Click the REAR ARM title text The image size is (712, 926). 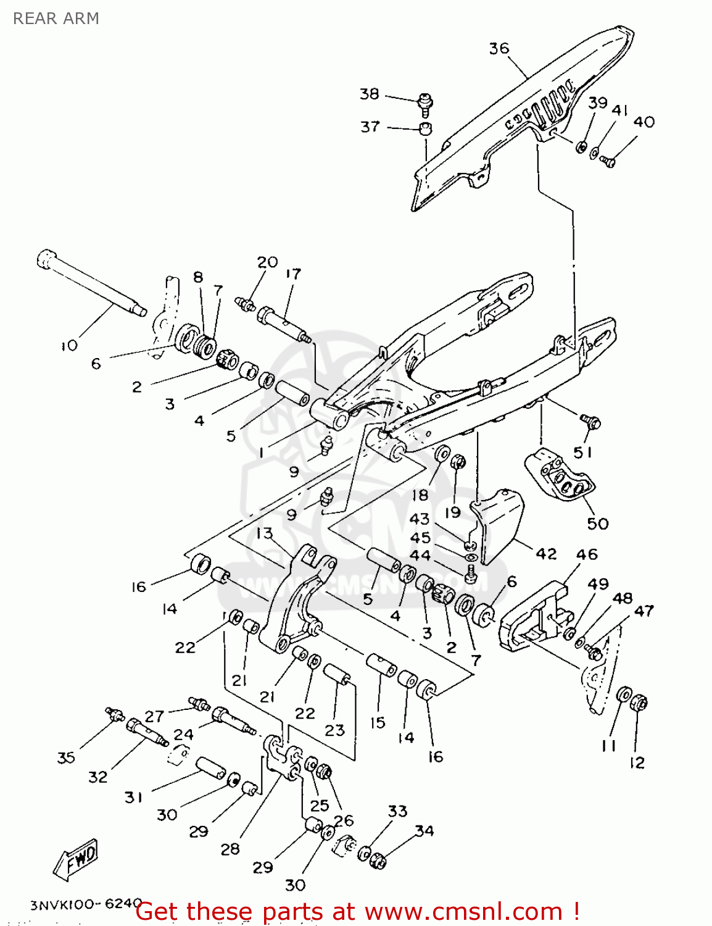56,19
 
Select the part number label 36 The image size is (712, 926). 499,48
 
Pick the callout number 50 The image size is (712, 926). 597,523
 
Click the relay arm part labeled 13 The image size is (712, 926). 296,602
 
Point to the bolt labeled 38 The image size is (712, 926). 425,103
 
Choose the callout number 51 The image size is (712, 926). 582,453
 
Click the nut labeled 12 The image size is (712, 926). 639,703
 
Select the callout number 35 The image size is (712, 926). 66,757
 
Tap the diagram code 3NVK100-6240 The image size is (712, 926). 86,904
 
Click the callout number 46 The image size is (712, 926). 587,554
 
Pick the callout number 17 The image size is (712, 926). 293,273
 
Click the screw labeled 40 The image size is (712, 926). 608,162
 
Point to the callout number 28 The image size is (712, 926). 230,849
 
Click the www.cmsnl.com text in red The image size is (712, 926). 463,911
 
